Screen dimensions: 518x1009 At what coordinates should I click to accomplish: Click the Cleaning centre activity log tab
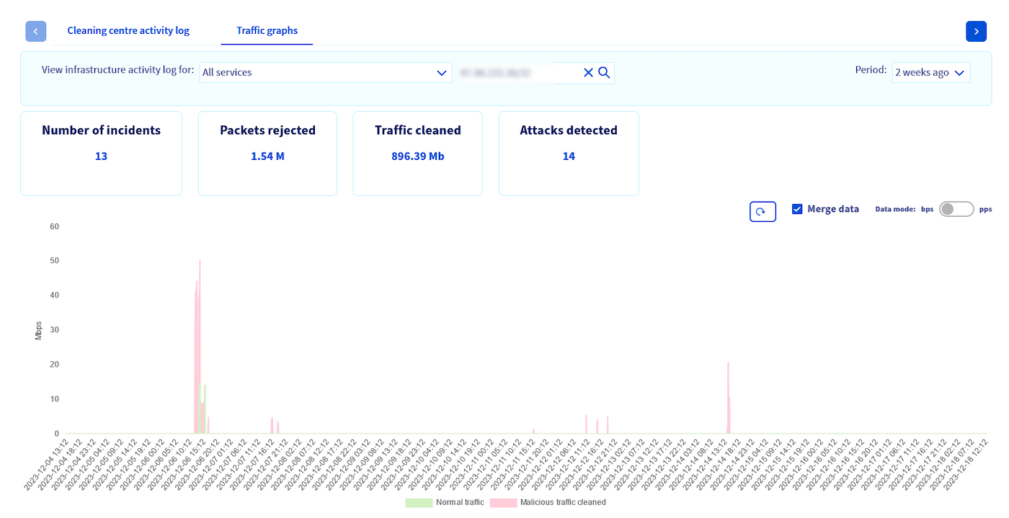(x=128, y=30)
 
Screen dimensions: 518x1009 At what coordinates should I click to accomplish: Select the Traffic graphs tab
(x=267, y=30)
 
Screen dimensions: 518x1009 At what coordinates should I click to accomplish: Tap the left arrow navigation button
(x=36, y=31)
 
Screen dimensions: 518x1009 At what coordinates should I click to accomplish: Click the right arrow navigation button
(x=976, y=31)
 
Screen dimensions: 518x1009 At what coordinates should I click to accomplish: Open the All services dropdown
(x=325, y=72)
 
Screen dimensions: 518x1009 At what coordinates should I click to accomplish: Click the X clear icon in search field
(x=588, y=72)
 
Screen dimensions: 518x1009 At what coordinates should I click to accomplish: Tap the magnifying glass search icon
(x=604, y=72)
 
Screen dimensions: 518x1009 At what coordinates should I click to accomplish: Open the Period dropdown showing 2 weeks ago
(x=930, y=72)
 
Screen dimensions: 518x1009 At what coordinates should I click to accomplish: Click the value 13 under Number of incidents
(x=101, y=156)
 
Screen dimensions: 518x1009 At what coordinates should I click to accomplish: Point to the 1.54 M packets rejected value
(x=267, y=156)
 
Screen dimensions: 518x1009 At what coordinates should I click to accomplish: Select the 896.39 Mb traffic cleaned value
(x=418, y=156)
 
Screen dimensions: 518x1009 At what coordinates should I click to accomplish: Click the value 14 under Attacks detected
(x=569, y=156)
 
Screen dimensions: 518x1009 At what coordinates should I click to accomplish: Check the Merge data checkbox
(x=797, y=209)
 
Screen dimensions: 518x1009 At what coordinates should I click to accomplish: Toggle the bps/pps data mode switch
(x=956, y=209)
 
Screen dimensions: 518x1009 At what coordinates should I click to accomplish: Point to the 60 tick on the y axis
(x=54, y=226)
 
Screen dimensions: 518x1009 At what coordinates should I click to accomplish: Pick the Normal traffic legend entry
(x=445, y=502)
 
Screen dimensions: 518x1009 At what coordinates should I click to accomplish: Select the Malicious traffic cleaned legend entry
(x=548, y=502)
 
